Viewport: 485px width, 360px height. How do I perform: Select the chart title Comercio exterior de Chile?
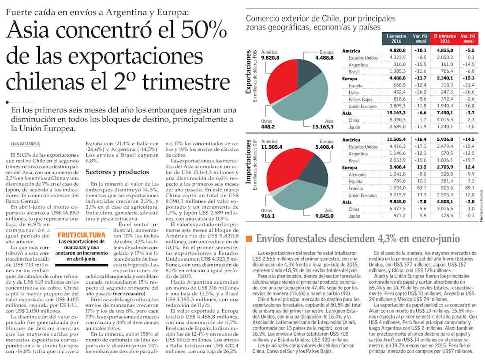(320, 19)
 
